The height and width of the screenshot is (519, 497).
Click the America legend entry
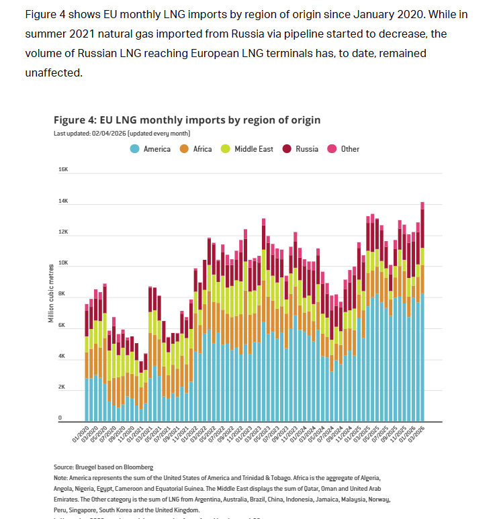click(151, 149)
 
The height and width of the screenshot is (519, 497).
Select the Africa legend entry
click(196, 149)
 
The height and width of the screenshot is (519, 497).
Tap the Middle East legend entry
click(247, 149)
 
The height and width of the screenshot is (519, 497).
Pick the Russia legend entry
click(300, 149)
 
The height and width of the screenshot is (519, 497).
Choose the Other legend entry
click(343, 149)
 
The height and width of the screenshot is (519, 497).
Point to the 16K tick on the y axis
click(63, 170)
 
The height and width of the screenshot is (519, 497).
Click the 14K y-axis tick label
click(63, 201)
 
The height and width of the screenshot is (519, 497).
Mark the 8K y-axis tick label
click(63, 295)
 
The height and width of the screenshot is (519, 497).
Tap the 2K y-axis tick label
click(63, 388)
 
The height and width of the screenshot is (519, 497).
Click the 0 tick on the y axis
click(60, 419)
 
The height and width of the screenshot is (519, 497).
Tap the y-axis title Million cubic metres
click(50, 293)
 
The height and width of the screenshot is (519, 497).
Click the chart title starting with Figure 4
click(178, 120)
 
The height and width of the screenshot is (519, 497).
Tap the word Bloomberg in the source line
click(139, 467)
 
